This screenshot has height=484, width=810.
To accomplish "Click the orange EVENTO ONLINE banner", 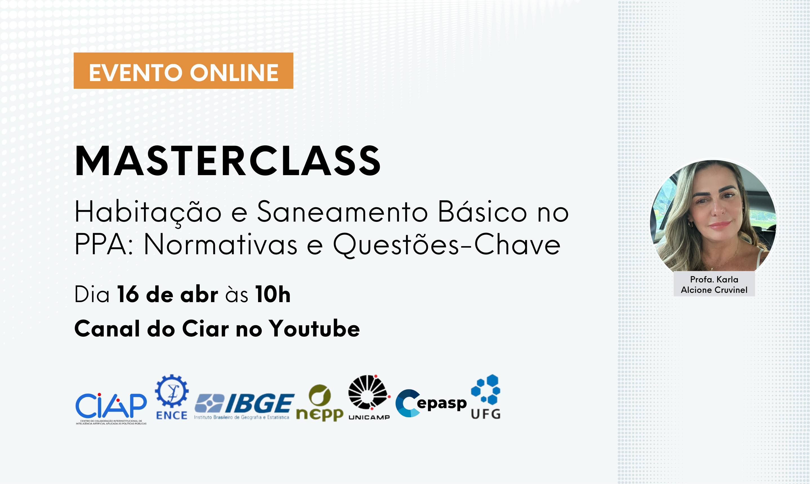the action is [183, 70].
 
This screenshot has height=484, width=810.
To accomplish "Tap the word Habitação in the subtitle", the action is [148, 213].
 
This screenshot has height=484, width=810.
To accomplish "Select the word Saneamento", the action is [342, 212].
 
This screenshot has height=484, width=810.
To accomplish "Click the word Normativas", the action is [220, 244].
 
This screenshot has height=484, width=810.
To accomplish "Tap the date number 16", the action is [128, 294].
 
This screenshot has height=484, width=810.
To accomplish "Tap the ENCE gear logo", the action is [172, 397].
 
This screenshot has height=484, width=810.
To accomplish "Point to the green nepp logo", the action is [320, 403].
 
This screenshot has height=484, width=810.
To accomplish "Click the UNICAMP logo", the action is [369, 397].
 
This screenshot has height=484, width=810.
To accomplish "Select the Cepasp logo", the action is [431, 403].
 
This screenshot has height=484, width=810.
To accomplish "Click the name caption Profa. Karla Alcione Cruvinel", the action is [714, 284].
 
